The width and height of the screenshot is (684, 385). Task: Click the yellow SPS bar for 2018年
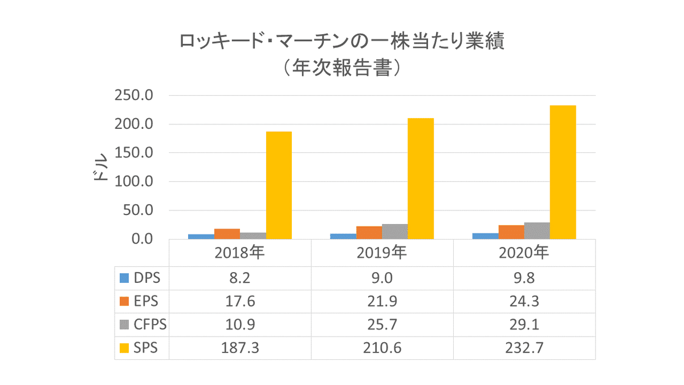[279, 185]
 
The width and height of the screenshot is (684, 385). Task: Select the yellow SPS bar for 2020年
[563, 172]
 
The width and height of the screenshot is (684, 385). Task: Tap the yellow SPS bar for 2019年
[421, 178]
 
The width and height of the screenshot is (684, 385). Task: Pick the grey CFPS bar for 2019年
[395, 232]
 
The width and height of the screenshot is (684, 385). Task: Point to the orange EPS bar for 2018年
[227, 234]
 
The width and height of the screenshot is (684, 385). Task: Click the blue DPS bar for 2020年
[485, 236]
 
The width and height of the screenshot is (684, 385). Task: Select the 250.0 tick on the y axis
[133, 96]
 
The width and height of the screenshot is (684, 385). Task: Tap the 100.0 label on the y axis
[133, 182]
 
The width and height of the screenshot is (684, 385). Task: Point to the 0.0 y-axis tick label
[140, 239]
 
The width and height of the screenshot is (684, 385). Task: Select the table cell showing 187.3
[240, 348]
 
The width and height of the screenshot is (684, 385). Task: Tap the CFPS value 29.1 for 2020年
[524, 324]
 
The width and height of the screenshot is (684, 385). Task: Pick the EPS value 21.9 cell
[382, 301]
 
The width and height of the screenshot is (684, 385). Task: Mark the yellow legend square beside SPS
[124, 348]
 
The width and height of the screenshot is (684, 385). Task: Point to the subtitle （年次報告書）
[341, 68]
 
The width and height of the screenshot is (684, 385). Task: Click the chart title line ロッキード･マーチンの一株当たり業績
[341, 42]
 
